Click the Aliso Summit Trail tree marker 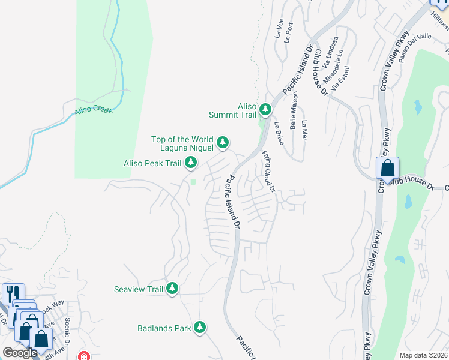point(265,109)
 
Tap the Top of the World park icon point(223,142)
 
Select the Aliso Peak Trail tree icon point(191,162)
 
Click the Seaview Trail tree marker point(172,289)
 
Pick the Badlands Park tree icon point(200,328)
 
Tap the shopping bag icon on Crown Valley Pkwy point(387,167)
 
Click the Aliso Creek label point(92,110)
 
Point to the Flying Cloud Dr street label point(268,171)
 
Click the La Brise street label point(279,133)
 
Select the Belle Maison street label point(294,115)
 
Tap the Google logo point(20,353)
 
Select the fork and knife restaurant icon point(11,294)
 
